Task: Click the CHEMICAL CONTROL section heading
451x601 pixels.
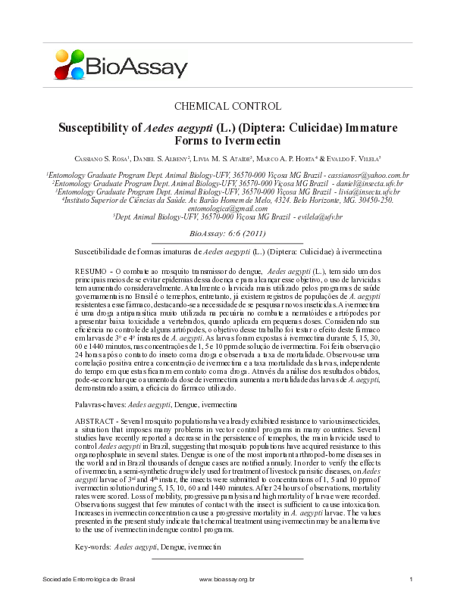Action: coord(227,106)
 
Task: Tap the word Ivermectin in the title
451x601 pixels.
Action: coord(260,141)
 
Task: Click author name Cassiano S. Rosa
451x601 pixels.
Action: coord(103,158)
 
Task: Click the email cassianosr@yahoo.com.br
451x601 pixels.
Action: coord(364,175)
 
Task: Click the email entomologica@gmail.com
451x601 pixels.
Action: coord(226,208)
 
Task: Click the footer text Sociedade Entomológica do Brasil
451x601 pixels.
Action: coord(89,579)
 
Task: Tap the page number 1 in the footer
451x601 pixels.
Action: coord(409,579)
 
